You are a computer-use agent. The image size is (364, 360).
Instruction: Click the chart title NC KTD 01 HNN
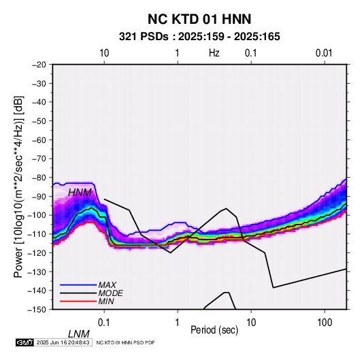click(x=199, y=19)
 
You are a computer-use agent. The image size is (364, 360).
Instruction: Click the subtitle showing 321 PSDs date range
click(x=199, y=37)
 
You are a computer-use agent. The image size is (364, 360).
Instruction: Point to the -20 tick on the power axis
click(x=39, y=65)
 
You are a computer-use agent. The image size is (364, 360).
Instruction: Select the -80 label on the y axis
click(x=39, y=178)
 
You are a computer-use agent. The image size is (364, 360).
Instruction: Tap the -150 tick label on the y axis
click(x=37, y=310)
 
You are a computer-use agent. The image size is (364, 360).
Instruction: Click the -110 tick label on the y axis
click(x=37, y=234)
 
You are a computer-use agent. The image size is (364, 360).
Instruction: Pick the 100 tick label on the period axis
click(x=324, y=323)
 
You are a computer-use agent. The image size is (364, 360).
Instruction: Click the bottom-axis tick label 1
click(x=178, y=323)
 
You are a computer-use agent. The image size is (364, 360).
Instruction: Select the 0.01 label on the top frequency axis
click(x=324, y=53)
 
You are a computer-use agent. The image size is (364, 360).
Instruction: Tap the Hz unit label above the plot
click(x=214, y=53)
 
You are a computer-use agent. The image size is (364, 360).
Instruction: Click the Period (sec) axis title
click(x=214, y=330)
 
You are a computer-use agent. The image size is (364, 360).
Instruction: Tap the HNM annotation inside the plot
click(x=80, y=193)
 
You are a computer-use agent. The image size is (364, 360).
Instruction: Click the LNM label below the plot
click(x=79, y=334)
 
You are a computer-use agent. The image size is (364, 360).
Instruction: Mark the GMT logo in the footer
click(x=25, y=342)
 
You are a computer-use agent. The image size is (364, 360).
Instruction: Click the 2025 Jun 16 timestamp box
click(x=63, y=342)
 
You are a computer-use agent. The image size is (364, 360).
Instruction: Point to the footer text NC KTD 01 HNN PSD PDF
click(x=125, y=342)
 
